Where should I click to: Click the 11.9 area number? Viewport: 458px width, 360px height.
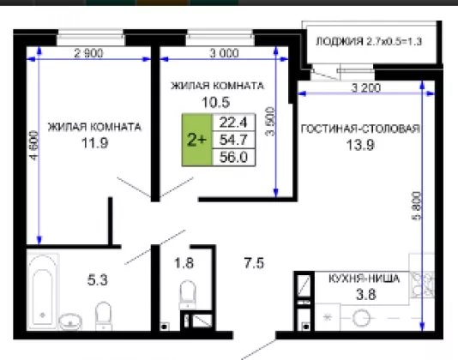point(95,143)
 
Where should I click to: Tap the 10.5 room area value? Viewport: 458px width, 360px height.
point(216,102)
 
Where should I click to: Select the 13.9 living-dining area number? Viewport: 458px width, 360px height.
point(360,145)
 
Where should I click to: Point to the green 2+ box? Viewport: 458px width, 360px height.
point(197,140)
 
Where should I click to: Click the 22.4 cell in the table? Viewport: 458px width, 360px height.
point(233,122)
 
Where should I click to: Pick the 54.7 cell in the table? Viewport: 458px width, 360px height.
point(233,140)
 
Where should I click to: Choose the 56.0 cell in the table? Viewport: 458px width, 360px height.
point(233,157)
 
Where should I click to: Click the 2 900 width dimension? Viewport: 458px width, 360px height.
point(88,53)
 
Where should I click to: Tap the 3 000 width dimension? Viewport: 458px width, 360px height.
point(224,53)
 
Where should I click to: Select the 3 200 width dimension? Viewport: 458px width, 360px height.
point(366,87)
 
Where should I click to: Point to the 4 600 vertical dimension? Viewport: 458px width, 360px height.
point(34,146)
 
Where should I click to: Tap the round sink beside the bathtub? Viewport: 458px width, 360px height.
point(70,321)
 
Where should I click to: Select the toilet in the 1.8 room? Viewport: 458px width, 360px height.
point(187,294)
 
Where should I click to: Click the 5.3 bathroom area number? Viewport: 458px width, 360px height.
point(98,280)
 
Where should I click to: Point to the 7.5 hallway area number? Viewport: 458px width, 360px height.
point(254,263)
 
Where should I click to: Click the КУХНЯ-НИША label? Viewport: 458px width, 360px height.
point(364,279)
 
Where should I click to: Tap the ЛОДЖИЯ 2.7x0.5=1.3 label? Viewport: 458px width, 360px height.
point(369,41)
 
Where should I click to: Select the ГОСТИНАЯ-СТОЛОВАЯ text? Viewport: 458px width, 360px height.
point(360,129)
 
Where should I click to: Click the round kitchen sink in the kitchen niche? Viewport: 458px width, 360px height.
point(361,318)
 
